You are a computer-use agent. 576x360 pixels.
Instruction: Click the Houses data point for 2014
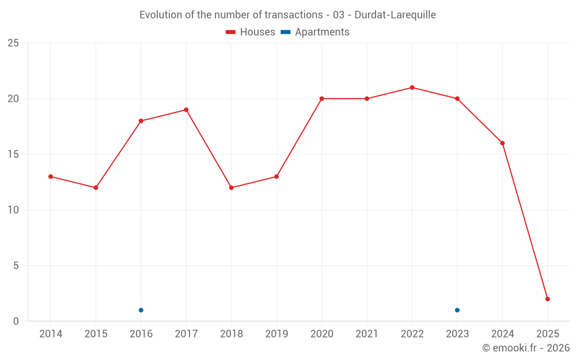tap(51, 177)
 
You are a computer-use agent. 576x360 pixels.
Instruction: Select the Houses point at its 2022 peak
tap(412, 88)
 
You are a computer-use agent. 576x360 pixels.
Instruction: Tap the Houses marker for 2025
tap(548, 299)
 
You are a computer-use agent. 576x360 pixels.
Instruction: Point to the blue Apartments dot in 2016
tap(141, 310)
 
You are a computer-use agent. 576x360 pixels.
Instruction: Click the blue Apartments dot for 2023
tap(457, 310)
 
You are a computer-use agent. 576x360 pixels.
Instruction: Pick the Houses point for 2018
tap(232, 188)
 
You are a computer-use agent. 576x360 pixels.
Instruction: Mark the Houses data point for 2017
tap(186, 110)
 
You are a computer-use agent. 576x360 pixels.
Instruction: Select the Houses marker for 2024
tap(502, 143)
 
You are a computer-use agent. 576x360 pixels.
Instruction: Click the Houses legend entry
tap(251, 32)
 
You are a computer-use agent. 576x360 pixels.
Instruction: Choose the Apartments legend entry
tap(315, 32)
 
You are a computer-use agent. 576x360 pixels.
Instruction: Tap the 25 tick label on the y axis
tap(13, 43)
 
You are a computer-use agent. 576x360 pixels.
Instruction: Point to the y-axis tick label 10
tap(13, 210)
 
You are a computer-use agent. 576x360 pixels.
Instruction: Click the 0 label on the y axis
tap(16, 321)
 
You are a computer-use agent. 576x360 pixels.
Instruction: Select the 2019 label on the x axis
tap(276, 334)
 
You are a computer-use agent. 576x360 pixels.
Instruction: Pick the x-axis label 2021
tap(367, 334)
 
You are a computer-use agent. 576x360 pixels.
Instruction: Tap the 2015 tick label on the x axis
tap(96, 334)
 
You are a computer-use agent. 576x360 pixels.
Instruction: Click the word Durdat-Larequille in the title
tap(395, 14)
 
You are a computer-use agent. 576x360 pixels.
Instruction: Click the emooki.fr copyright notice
tap(525, 348)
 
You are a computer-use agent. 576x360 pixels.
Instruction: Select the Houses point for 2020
tap(321, 98)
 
